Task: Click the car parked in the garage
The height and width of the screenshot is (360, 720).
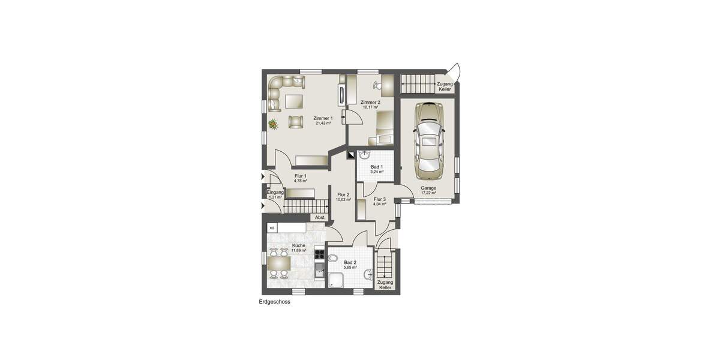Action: click(x=428, y=141)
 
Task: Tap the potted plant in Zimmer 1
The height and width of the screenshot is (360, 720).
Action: click(x=273, y=124)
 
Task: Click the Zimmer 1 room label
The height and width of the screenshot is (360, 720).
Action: click(x=323, y=118)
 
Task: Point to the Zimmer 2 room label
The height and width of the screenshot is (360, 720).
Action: click(x=370, y=103)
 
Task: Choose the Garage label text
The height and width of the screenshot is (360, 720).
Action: click(x=428, y=188)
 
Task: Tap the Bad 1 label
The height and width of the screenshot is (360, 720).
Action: click(x=377, y=166)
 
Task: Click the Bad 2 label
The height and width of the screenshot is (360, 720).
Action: click(x=350, y=262)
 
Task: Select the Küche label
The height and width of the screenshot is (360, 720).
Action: click(x=298, y=245)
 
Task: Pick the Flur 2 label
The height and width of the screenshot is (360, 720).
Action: click(x=343, y=194)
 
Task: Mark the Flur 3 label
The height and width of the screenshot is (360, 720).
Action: click(x=379, y=199)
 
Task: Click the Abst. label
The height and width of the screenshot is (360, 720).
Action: click(x=320, y=217)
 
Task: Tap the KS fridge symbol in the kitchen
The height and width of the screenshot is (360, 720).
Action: click(x=272, y=228)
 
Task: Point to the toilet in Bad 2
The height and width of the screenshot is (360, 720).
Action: click(x=332, y=258)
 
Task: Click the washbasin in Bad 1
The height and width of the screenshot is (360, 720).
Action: click(x=364, y=155)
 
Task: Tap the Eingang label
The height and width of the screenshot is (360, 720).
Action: click(x=276, y=192)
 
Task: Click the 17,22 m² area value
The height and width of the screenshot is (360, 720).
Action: click(x=428, y=193)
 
